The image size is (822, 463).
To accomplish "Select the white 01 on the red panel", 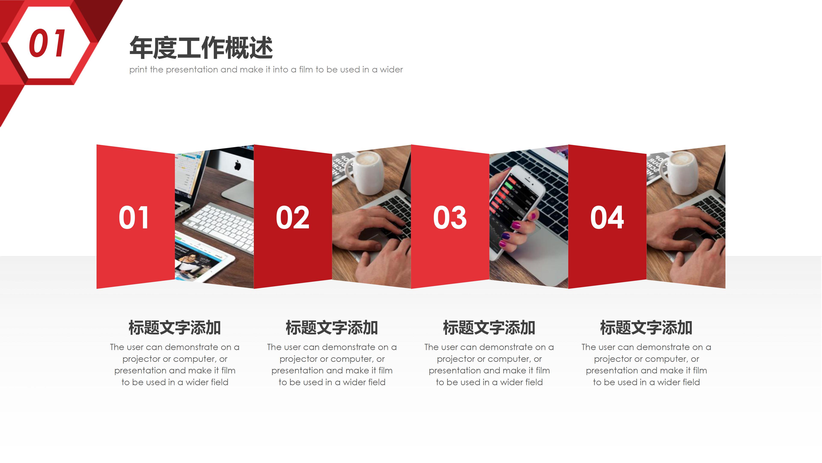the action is [134, 217].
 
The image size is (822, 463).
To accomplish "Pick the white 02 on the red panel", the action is [293, 217].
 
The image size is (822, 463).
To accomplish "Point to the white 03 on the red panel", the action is [450, 217].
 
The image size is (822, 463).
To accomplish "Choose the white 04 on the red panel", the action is [607, 217].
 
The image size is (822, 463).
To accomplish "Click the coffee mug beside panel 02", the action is [367, 173].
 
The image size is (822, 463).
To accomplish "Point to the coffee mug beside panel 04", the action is [681, 173].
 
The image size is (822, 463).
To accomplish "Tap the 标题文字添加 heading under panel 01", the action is [174, 328].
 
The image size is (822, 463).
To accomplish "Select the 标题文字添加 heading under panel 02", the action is [332, 328].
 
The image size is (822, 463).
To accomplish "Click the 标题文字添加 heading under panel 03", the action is [489, 328].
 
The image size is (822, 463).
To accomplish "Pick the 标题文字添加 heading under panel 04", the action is [646, 328].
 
